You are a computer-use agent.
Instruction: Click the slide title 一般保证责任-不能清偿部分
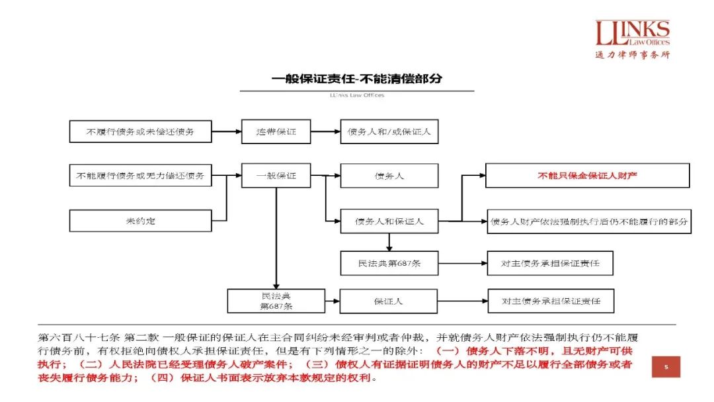pyautogui.click(x=357, y=79)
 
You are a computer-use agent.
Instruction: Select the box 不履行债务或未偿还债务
pyautogui.click(x=140, y=132)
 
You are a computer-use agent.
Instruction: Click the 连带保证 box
pyautogui.click(x=276, y=132)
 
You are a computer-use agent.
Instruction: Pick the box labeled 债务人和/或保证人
pyautogui.click(x=389, y=132)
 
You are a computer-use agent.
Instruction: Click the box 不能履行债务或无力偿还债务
pyautogui.click(x=140, y=176)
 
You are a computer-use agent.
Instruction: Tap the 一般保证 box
pyautogui.click(x=276, y=176)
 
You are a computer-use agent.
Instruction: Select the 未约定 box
pyautogui.click(x=140, y=220)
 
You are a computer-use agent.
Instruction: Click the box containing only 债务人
pyautogui.click(x=389, y=176)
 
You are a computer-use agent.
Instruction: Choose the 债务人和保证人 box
pyautogui.click(x=389, y=220)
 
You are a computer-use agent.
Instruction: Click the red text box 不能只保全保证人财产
pyautogui.click(x=588, y=176)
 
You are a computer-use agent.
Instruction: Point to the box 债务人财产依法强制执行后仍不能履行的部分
pyautogui.click(x=588, y=220)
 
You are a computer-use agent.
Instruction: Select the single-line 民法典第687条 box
pyautogui.click(x=389, y=263)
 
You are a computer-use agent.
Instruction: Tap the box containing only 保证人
pyautogui.click(x=389, y=301)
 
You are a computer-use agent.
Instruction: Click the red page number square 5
pyautogui.click(x=666, y=367)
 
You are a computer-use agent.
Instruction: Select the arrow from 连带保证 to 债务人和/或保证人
pyautogui.click(x=325, y=132)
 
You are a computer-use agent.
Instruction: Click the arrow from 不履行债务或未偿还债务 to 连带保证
pyautogui.click(x=226, y=132)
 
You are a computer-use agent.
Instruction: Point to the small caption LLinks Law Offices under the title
pyautogui.click(x=356, y=95)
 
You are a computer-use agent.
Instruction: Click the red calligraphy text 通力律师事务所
pyautogui.click(x=632, y=55)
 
